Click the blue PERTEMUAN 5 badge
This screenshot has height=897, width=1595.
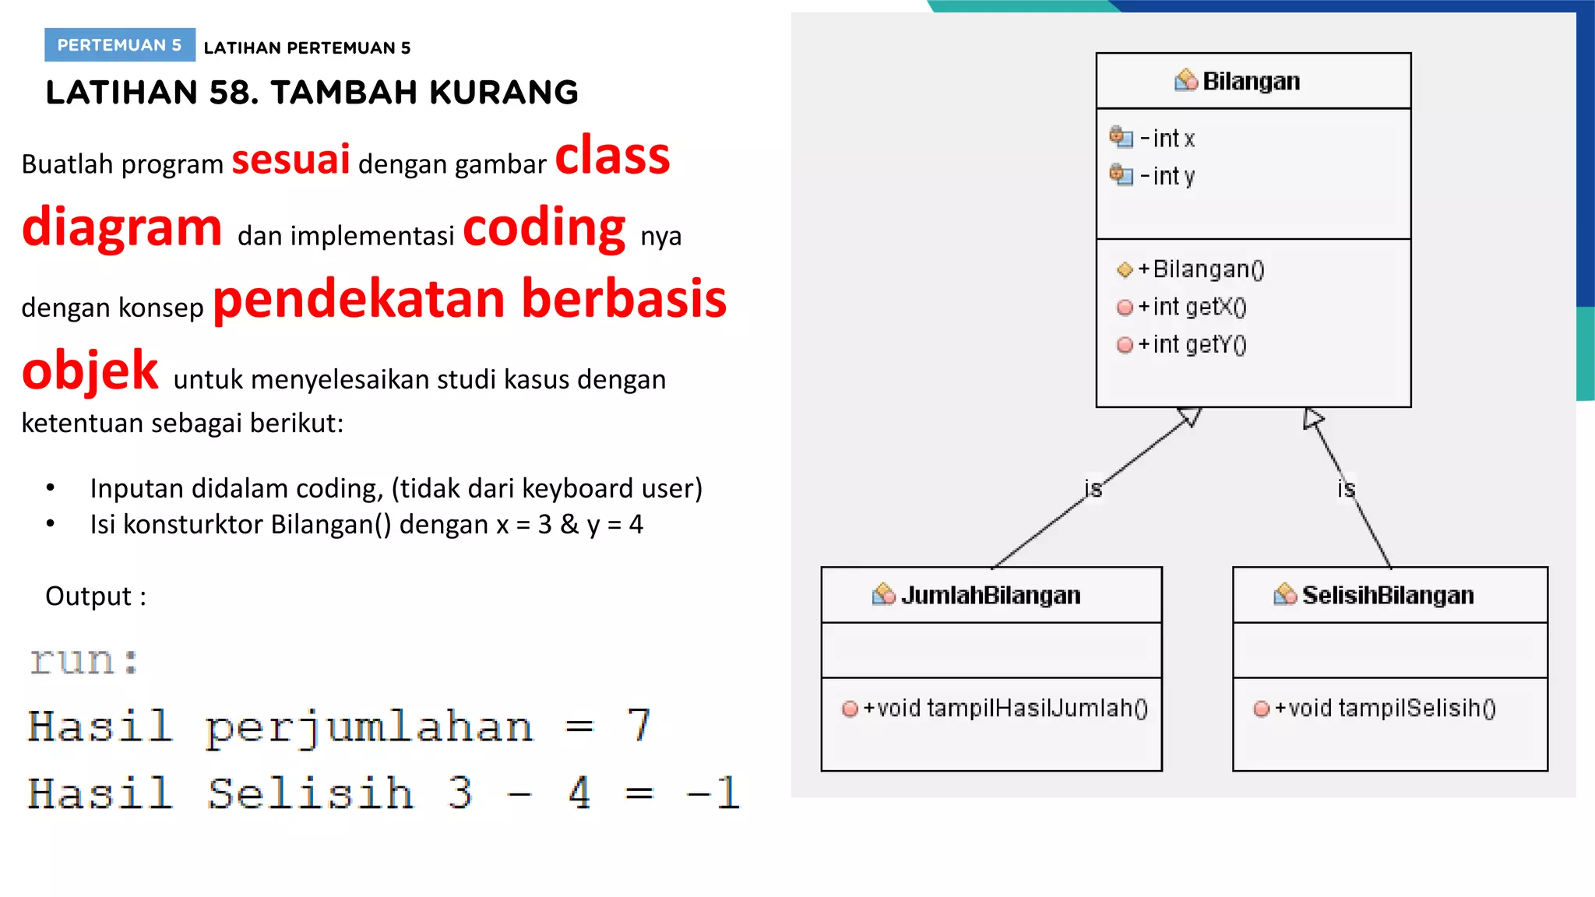tap(119, 45)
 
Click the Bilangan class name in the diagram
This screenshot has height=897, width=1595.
tap(1250, 81)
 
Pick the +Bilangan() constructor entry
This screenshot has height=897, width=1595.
tap(1200, 269)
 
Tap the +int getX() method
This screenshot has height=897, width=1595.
tap(1192, 307)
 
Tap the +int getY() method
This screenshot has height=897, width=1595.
tap(1192, 344)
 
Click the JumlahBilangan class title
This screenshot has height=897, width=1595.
tap(990, 595)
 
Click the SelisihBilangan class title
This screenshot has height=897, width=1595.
tap(1387, 595)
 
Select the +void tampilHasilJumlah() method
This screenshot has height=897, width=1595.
tap(1004, 708)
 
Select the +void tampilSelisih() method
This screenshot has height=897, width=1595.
tap(1384, 708)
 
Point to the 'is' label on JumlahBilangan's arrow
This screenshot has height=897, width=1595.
tap(1093, 489)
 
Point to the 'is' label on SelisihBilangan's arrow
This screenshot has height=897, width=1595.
tap(1346, 489)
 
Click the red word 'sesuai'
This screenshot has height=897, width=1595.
tap(290, 160)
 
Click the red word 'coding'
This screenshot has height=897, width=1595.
tap(544, 228)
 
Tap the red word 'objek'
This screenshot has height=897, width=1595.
tap(90, 371)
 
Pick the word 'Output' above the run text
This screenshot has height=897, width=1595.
tap(88, 596)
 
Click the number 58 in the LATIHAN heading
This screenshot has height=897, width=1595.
tap(229, 93)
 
